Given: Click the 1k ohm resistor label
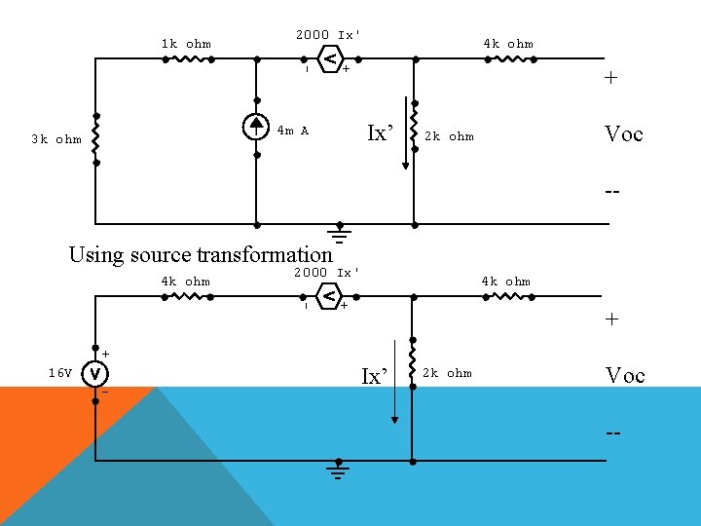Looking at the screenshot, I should point(185,44).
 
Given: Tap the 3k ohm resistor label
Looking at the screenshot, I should point(55,139).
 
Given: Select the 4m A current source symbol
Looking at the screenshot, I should point(256,125).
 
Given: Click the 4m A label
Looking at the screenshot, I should point(292,131).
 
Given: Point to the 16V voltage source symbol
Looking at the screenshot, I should point(94,372).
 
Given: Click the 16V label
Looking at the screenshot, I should point(60,373).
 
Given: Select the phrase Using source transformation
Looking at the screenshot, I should point(201,255).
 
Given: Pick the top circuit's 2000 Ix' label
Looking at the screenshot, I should point(328,35).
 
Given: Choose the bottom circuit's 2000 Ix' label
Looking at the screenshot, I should point(327,273).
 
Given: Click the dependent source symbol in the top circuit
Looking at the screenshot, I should point(331,59).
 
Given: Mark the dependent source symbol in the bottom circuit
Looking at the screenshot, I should point(330,295).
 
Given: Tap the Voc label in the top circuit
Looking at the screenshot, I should point(623,134).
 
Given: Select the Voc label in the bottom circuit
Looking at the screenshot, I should point(624,375).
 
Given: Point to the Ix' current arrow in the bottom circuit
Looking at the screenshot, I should point(394,380).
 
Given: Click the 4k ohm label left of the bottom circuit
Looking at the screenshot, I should point(185,282).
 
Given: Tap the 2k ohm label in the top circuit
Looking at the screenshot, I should point(449,136).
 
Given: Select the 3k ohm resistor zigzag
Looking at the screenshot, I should point(95,137).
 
